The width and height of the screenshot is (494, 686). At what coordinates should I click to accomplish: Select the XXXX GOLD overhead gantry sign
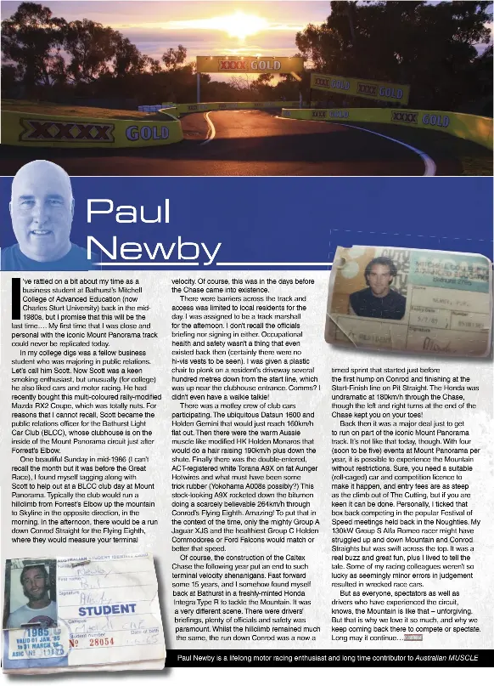point(238,65)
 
